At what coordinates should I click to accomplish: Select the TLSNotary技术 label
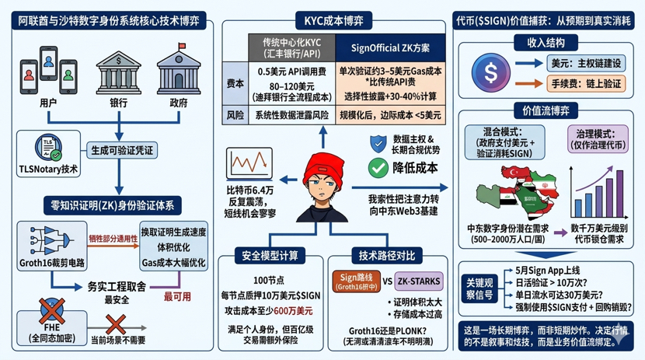tap(48, 169)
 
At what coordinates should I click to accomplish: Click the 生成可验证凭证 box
tap(122, 149)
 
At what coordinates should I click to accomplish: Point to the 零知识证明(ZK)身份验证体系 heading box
tap(113, 205)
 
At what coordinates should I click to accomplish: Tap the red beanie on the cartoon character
tap(324, 166)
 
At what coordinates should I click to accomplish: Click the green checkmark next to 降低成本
tap(378, 167)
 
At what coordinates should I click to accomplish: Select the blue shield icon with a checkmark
tap(378, 143)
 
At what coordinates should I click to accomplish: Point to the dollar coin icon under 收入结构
tap(490, 72)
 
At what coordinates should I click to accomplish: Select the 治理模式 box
tap(594, 140)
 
